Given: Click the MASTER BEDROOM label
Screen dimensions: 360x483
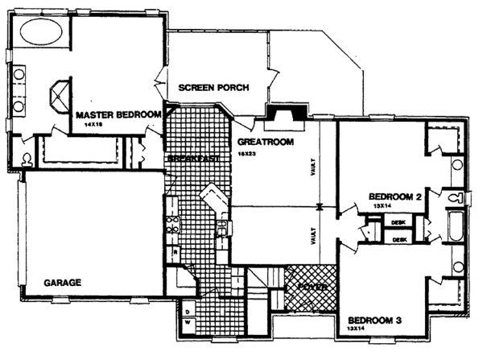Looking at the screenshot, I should pos(119,115).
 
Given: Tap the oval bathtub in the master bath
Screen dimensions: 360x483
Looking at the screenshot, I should pos(39,33).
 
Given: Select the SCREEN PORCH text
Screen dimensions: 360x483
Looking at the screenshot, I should pos(213,88).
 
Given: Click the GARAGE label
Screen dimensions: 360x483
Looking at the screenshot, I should pos(61,282).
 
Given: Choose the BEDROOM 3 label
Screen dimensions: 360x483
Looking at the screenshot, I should pos(373,320).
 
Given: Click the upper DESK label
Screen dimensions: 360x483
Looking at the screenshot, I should pos(398,221).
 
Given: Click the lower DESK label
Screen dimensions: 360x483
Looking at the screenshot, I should pos(398,238).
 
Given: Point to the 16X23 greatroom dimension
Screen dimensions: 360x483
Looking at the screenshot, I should pos(246,152).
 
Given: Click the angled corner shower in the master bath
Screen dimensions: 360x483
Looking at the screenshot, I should pos(59,98).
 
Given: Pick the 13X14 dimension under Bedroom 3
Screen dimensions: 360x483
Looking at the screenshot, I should pos(355,329).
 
